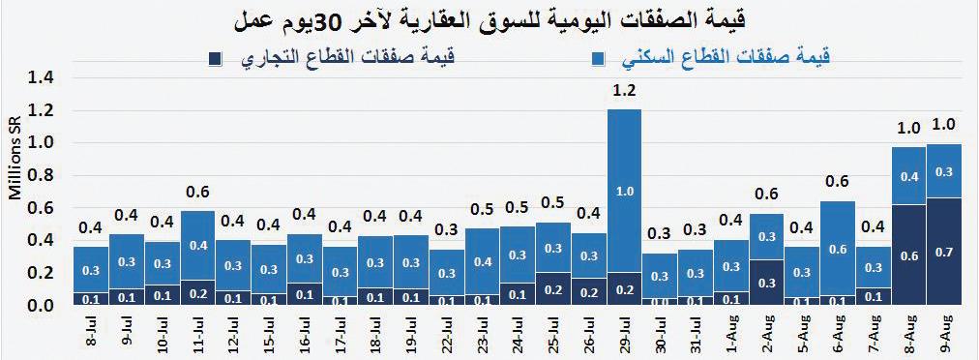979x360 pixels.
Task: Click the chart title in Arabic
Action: point(489,19)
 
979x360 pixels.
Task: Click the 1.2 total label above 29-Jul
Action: point(625,92)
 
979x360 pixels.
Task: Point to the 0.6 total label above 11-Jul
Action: point(197,192)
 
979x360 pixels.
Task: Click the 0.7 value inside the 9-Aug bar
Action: point(943,251)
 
